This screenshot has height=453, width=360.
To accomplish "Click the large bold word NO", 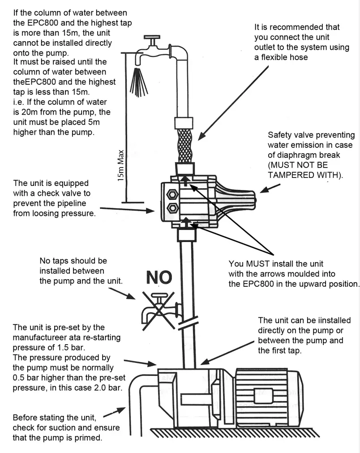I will coord(159,277).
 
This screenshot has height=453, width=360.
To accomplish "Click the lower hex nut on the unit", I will coord(171,207).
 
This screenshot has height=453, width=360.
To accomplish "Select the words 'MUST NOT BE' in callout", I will coord(298,165).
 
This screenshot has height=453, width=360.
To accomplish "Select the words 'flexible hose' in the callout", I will coord(284,57).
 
